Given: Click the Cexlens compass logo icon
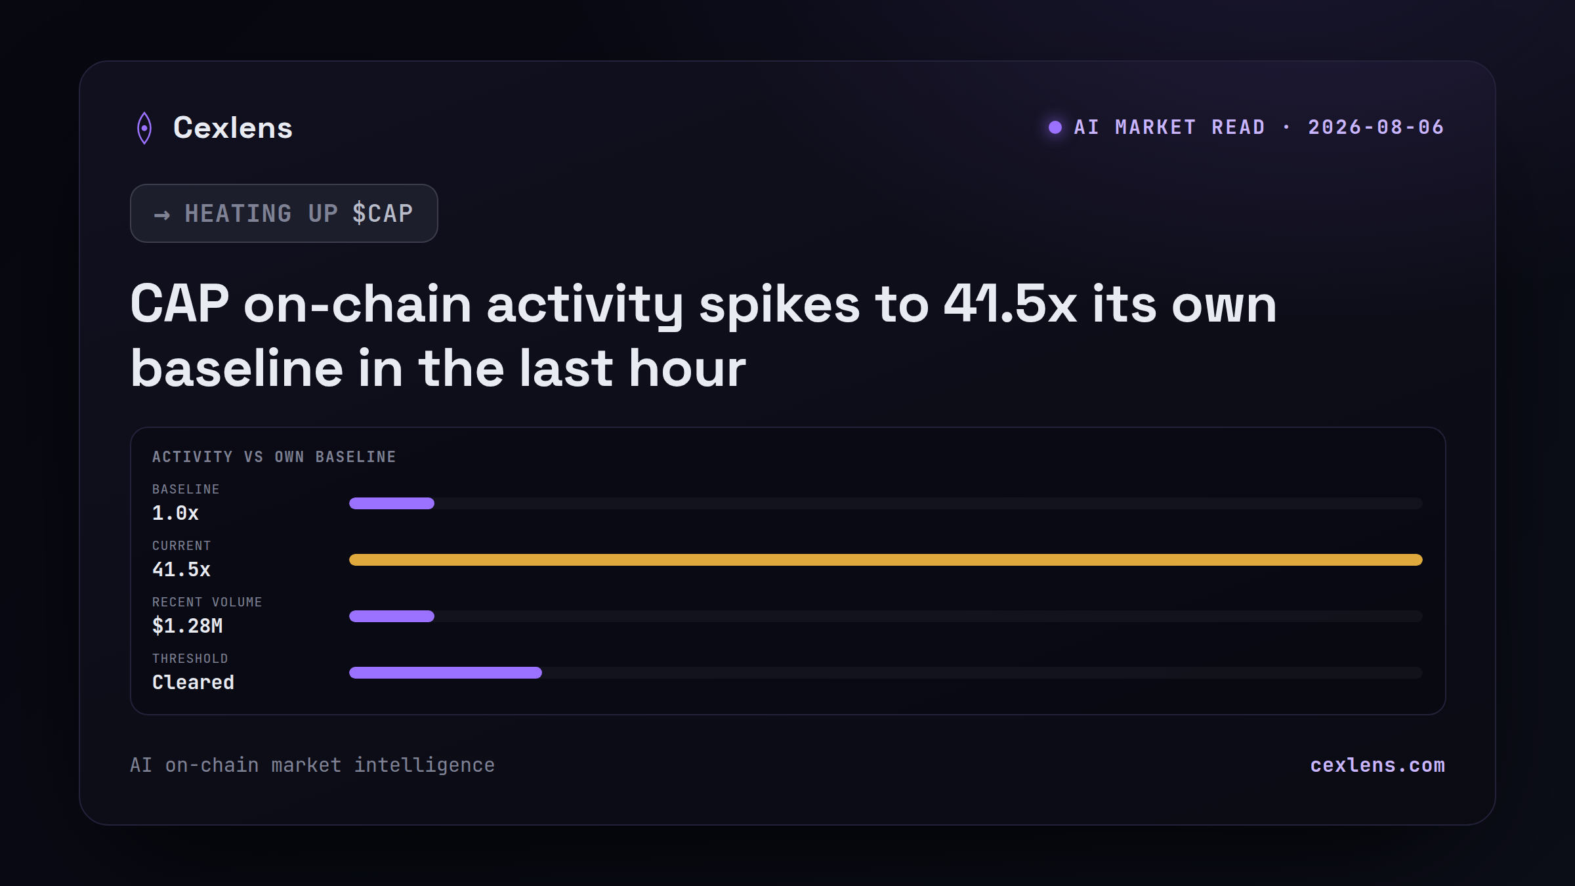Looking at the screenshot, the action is (x=144, y=128).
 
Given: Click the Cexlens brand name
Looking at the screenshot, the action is (x=233, y=127).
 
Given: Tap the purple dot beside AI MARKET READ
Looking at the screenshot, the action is (x=1055, y=127).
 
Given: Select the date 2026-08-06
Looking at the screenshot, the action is (x=1376, y=127).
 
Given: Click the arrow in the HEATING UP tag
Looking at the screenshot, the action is (x=162, y=215).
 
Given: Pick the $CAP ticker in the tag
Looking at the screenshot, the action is (x=383, y=213).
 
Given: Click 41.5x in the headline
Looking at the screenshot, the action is (x=1010, y=305).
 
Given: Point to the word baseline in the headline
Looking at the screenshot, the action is (x=237, y=368).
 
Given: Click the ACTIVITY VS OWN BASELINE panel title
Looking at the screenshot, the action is (x=274, y=457).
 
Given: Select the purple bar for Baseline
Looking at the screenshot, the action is (x=392, y=503).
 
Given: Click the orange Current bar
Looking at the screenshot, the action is (x=886, y=560).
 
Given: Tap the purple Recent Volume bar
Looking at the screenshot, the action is (x=392, y=616).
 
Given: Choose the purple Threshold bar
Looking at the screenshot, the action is (x=446, y=673).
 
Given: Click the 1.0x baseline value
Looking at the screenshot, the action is (x=175, y=513).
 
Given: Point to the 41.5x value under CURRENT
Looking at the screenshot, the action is (x=181, y=570).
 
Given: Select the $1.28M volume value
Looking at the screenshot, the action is (x=188, y=626).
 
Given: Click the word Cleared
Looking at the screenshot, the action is (x=193, y=683).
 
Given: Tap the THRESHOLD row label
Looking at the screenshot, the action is (x=190, y=658).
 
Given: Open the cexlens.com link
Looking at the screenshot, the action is (x=1377, y=765).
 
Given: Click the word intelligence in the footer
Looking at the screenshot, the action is (x=425, y=766).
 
